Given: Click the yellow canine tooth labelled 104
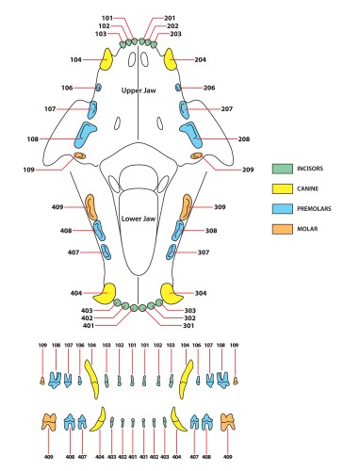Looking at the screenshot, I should point(106,63).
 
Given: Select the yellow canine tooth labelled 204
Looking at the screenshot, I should point(172,63).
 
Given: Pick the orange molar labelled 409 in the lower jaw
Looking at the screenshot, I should point(91,207).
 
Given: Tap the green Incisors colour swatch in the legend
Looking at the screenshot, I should point(282,169).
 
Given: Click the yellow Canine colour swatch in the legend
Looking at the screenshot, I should point(282,187).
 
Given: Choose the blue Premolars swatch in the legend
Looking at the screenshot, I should point(282,206).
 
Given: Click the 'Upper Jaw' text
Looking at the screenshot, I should point(139,90).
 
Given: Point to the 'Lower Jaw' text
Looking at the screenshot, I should point(139,219).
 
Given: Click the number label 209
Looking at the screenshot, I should point(247,171).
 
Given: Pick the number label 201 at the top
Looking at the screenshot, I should point(170,18).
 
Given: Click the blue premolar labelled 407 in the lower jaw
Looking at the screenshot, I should point(106,252).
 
